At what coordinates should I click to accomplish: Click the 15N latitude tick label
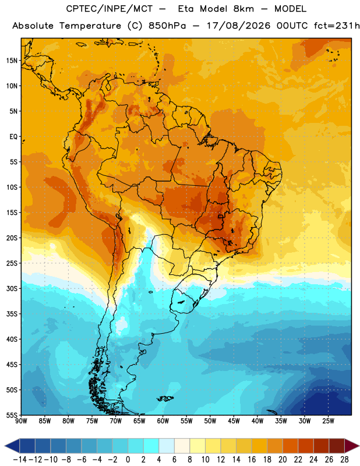click(x=12, y=61)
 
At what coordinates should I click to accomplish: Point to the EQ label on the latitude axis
click(x=13, y=137)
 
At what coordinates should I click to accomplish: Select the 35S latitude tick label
click(x=12, y=314)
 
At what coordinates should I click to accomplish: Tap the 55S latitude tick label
click(x=12, y=415)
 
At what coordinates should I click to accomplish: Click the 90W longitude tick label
click(x=21, y=421)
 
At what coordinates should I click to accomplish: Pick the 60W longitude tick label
click(x=163, y=421)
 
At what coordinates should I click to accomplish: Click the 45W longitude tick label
click(x=234, y=421)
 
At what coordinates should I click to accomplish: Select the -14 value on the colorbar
click(x=20, y=460)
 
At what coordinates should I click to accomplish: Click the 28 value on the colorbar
click(x=344, y=460)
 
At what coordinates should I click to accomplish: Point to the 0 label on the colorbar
click(x=128, y=460)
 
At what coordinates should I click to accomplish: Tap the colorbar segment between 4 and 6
click(x=167, y=446)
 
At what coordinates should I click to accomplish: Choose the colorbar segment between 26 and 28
click(x=337, y=446)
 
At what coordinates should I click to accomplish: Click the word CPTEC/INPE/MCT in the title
click(x=109, y=9)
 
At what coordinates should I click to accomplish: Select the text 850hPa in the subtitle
click(x=167, y=26)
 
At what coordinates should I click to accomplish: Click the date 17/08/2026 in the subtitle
click(x=238, y=26)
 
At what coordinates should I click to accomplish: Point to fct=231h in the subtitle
click(x=337, y=26)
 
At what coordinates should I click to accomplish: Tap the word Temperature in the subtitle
click(x=90, y=26)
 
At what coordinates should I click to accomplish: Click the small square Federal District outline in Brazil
click(x=220, y=216)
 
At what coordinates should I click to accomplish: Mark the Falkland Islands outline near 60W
click(x=165, y=398)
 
